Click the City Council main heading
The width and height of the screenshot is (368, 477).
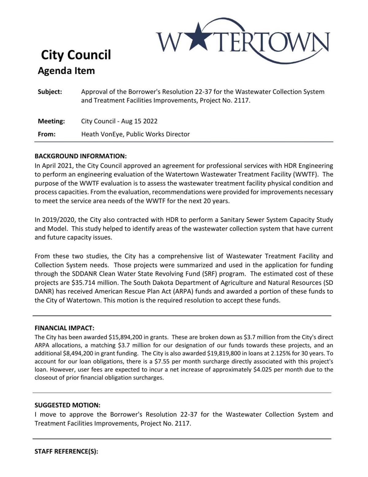[76, 55]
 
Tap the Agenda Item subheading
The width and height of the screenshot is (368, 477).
[66, 71]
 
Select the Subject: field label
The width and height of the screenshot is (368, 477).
[50, 92]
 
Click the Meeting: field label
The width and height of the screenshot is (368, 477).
[51, 121]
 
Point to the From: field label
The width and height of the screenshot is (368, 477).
[46, 134]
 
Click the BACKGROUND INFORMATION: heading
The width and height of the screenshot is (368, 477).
[80, 156]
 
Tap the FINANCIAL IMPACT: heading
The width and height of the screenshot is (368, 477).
[64, 328]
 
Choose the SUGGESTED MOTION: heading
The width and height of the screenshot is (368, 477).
[67, 405]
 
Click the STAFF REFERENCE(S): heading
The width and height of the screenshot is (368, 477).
[66, 452]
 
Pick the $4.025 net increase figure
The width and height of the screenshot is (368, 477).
[263, 370]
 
